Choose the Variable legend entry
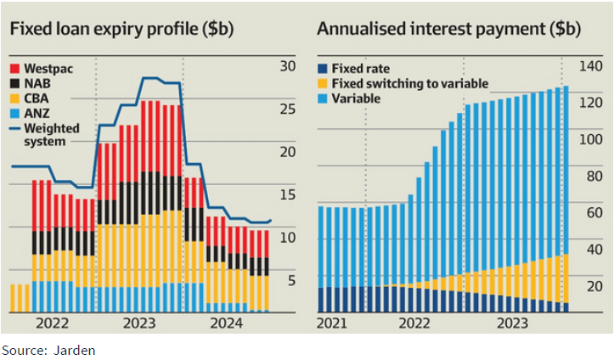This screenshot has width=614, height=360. click(x=356, y=98)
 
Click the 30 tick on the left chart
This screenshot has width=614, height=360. click(x=286, y=66)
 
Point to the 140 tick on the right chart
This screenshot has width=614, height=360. click(x=589, y=66)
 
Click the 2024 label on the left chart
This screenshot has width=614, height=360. click(x=225, y=323)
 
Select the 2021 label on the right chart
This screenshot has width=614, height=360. click(x=333, y=323)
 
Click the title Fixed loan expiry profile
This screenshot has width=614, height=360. click(x=121, y=28)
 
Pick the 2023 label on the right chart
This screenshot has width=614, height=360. click(x=513, y=323)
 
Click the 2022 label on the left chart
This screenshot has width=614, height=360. click(x=53, y=323)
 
